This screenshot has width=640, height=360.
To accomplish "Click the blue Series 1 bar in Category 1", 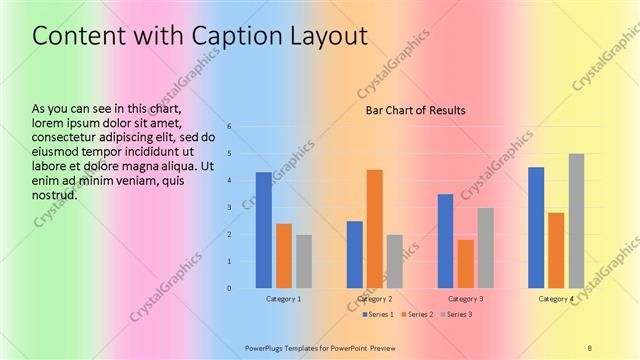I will tap(263, 230).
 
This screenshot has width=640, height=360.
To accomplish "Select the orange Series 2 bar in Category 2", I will tap(374, 229).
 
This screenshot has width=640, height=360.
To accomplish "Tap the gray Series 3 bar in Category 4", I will tap(576, 221).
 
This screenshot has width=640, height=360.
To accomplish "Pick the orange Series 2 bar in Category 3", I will tap(465, 264).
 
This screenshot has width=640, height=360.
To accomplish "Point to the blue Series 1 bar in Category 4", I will tap(536, 228).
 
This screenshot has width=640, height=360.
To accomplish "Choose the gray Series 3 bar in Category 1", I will tap(303, 261).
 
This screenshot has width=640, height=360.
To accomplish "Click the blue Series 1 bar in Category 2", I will tap(355, 254).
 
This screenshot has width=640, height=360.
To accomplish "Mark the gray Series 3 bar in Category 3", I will tap(485, 248).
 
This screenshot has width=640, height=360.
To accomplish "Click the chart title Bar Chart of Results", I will tap(415, 110).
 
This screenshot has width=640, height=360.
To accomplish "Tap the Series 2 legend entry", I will tap(417, 315).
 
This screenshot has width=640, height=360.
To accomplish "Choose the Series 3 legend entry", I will tap(456, 315).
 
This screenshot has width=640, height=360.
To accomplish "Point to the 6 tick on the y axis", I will tap(230, 127).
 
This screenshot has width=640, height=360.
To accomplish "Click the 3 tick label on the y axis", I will tap(230, 208).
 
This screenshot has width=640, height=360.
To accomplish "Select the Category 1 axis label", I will tap(284, 299).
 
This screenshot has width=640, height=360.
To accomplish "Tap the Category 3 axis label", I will tap(465, 299).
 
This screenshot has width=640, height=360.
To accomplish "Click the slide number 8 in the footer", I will tap(589, 347).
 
